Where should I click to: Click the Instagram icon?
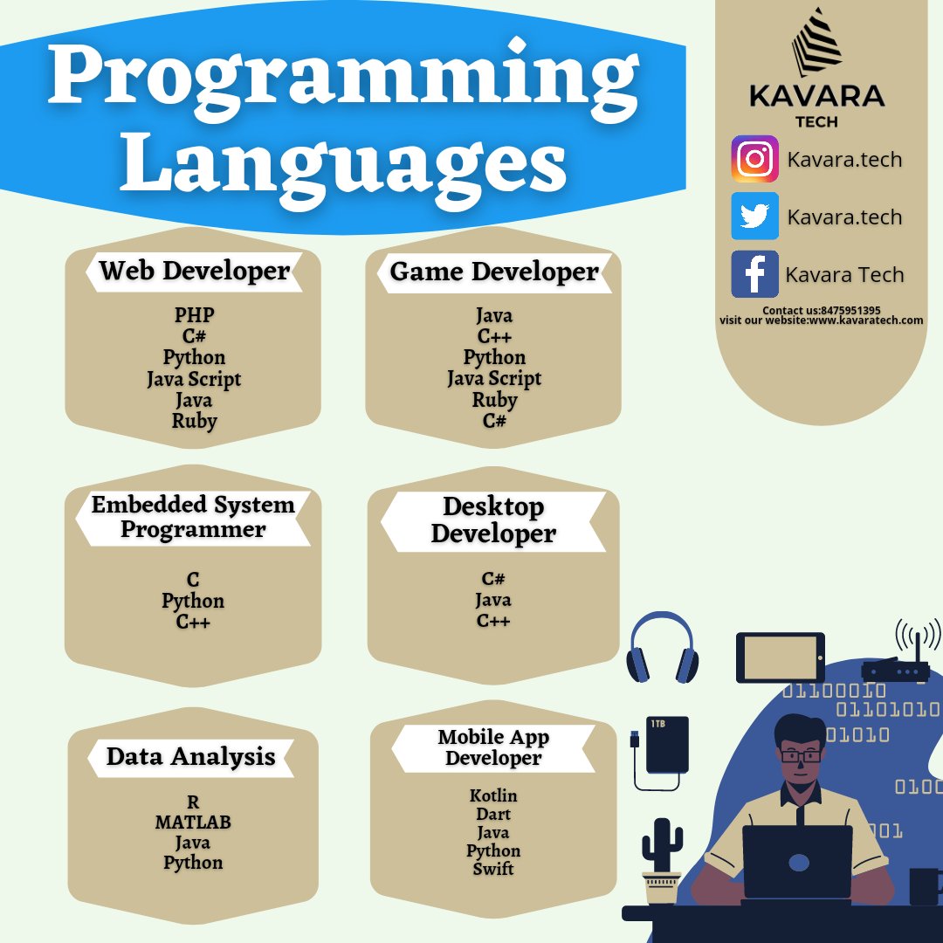pyautogui.click(x=754, y=159)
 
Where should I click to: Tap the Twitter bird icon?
pyautogui.click(x=754, y=217)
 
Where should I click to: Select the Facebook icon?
pyautogui.click(x=754, y=274)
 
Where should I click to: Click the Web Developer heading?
pyautogui.click(x=194, y=271)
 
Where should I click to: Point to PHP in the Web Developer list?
pyautogui.click(x=194, y=315)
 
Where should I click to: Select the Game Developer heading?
pyautogui.click(x=494, y=272)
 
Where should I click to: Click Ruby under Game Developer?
pyautogui.click(x=494, y=400)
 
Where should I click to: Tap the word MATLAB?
pyautogui.click(x=193, y=823)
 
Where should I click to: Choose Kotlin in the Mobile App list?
pyautogui.click(x=493, y=795)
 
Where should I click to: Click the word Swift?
pyautogui.click(x=493, y=869)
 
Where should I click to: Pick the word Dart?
pyautogui.click(x=493, y=814)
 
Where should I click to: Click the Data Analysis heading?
pyautogui.click(x=191, y=757)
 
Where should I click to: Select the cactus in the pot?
pyautogui.click(x=662, y=860)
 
